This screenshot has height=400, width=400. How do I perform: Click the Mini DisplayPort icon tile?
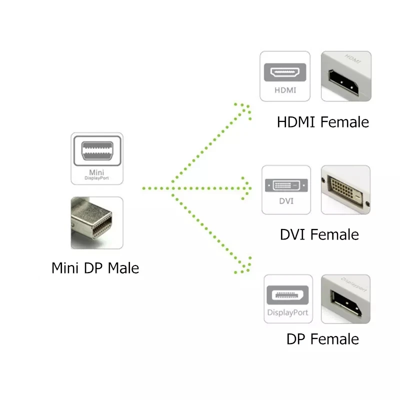click(97, 158)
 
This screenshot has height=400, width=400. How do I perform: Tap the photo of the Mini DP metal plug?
click(97, 223)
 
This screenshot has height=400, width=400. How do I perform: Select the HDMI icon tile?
click(285, 76)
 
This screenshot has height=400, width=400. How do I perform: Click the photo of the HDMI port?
click(345, 76)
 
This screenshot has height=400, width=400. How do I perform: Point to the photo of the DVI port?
click(345, 190)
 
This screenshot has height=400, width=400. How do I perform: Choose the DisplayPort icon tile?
click(287, 298)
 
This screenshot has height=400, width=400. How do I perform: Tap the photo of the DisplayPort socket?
click(345, 298)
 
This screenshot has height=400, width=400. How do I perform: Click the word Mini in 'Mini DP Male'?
click(66, 268)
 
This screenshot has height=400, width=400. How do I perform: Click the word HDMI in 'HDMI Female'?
click(296, 122)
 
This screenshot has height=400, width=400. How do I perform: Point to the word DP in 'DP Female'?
click(296, 339)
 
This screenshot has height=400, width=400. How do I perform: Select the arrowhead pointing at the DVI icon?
click(246, 188)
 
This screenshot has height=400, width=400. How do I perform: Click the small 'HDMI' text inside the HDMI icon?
click(285, 90)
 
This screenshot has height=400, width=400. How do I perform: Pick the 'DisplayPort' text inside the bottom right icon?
click(287, 313)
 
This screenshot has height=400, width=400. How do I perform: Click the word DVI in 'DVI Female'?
click(292, 234)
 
